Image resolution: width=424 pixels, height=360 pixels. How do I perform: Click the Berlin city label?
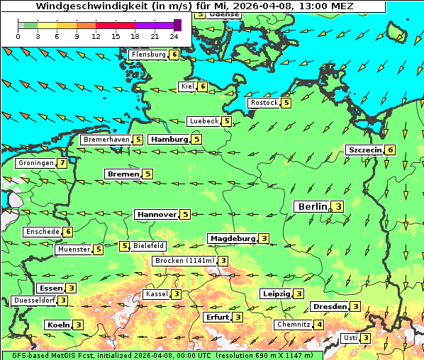[311, 206]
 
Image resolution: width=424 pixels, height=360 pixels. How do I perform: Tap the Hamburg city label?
[169, 140]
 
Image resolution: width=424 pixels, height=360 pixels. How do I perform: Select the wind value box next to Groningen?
[63, 163]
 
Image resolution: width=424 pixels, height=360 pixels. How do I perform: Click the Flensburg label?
[148, 55]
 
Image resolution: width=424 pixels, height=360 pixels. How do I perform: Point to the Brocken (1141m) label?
[183, 261]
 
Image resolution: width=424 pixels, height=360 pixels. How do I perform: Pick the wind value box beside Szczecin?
[390, 150]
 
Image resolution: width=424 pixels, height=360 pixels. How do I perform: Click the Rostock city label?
[264, 103]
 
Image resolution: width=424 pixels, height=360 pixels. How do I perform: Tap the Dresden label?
[329, 306]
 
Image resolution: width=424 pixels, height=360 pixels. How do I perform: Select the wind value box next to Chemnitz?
[320, 325]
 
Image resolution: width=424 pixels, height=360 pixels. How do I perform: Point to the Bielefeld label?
[149, 246]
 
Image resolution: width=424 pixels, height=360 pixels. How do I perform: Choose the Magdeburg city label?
[232, 238]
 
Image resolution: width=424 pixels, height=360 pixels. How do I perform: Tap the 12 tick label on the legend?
[96, 36]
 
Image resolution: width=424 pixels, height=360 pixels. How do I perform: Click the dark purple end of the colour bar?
[177, 25]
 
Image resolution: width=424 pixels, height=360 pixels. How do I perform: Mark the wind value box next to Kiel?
[203, 86]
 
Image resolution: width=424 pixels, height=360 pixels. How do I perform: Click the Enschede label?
[42, 232]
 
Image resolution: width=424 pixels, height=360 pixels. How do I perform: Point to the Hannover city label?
[156, 214]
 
